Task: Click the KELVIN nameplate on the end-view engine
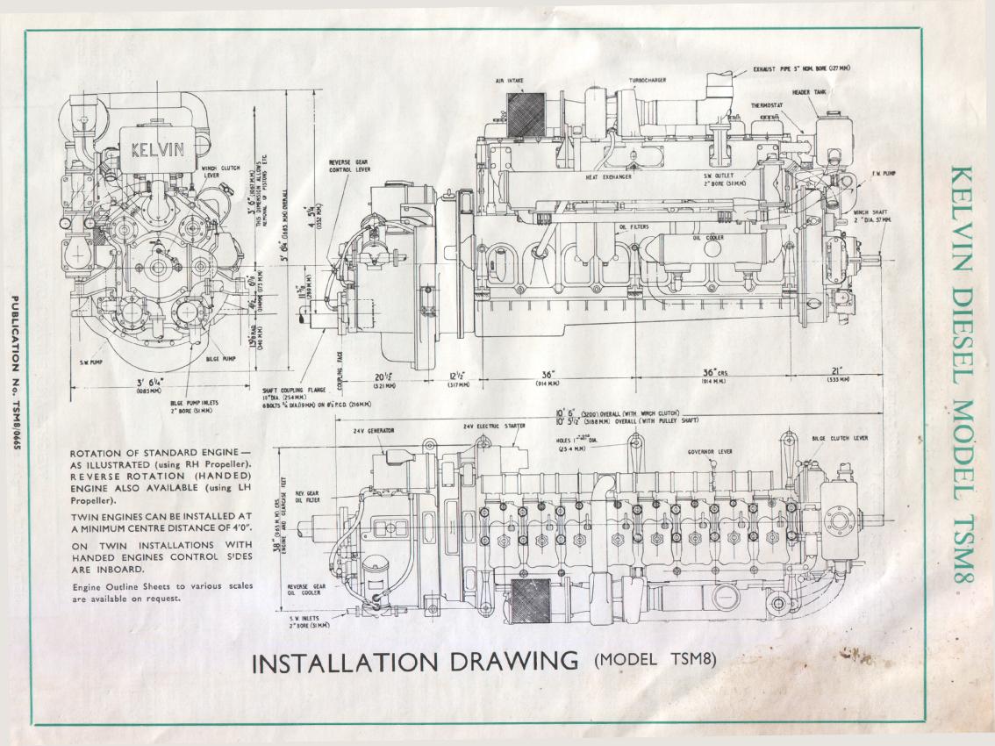point(158,148)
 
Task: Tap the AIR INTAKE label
point(509,80)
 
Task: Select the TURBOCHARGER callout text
point(647,80)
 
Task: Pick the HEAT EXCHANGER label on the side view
point(609,176)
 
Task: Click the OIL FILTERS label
point(633,227)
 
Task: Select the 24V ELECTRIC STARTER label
point(494,427)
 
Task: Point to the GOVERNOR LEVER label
point(711,453)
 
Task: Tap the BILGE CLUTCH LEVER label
point(840,437)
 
